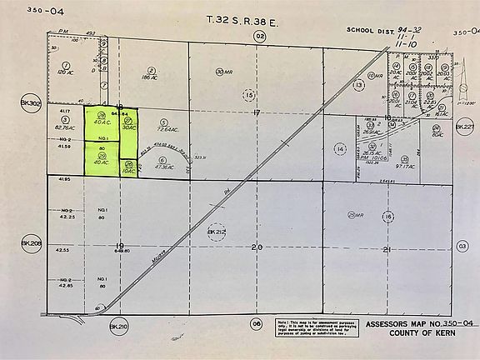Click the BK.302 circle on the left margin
(x=30, y=104)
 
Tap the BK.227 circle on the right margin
(x=463, y=127)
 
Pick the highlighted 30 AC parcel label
(x=128, y=127)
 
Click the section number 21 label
(x=387, y=247)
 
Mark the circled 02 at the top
(x=259, y=36)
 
